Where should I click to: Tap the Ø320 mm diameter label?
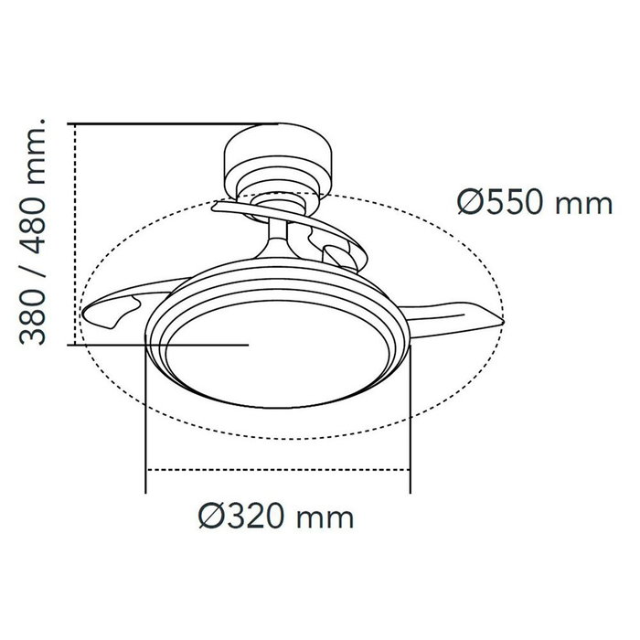coord(275,517)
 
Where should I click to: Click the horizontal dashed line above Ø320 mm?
coord(275,471)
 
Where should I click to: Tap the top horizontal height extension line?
coord(174,123)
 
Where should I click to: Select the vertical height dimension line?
coord(75,233)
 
